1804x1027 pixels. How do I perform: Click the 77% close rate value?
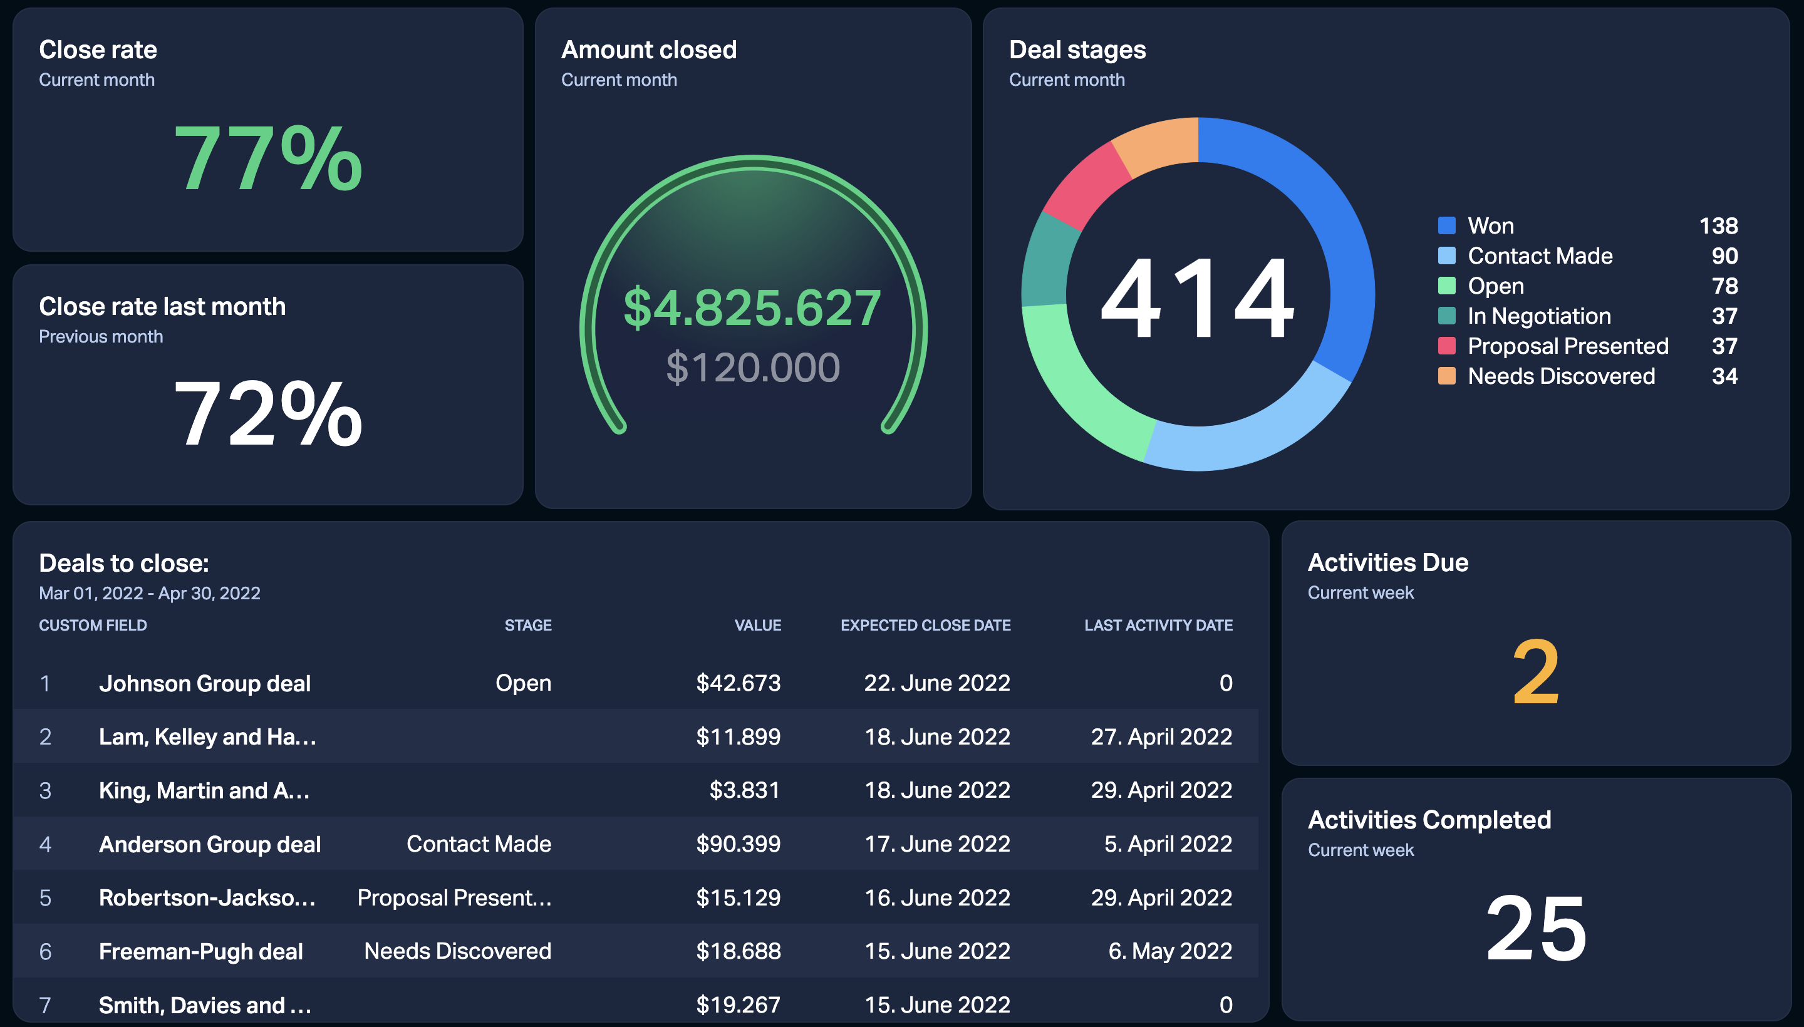tap(268, 157)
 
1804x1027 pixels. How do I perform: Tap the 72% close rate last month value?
tap(268, 413)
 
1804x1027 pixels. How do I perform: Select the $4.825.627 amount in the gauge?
tap(752, 307)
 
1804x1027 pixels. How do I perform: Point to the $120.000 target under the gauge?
tap(753, 368)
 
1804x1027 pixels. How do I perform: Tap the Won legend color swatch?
tap(1446, 225)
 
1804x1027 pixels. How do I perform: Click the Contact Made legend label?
tap(1540, 256)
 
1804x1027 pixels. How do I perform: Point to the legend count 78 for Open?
tap(1724, 286)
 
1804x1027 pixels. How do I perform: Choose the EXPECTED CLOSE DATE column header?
tap(926, 625)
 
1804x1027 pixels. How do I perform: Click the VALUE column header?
tap(758, 625)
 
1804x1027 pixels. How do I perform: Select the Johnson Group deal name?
tap(205, 683)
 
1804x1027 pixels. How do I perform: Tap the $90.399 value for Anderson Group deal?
tap(738, 844)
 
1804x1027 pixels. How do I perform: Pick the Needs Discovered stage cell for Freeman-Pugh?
tap(457, 951)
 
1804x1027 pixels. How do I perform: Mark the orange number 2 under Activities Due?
tap(1536, 672)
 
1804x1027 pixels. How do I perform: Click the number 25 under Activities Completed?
tap(1536, 927)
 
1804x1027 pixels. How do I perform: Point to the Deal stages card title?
tap(1077, 50)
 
